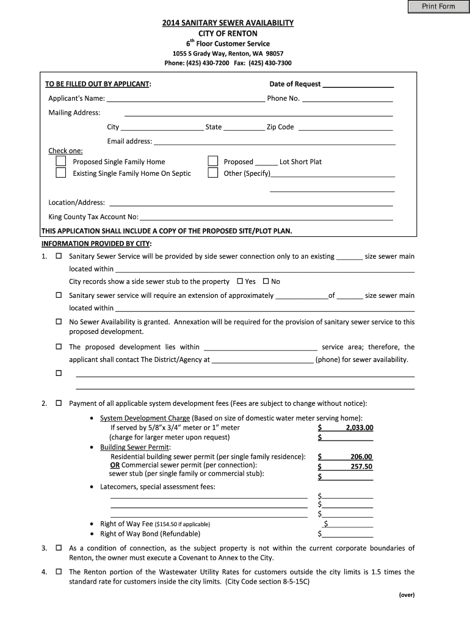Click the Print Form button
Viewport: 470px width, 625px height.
(438, 7)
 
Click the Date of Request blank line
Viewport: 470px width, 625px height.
(358, 85)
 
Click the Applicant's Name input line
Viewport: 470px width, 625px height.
(186, 99)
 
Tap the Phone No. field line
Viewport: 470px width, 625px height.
(347, 99)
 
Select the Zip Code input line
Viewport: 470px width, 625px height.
(344, 128)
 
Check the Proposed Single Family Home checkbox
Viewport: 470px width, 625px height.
(61, 162)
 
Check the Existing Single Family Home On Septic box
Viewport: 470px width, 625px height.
(61, 173)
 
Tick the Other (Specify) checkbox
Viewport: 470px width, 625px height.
(212, 173)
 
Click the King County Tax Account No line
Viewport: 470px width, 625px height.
(266, 217)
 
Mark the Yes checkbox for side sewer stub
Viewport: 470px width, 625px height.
(240, 281)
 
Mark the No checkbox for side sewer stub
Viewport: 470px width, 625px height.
(266, 281)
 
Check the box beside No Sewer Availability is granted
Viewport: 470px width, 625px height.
(59, 322)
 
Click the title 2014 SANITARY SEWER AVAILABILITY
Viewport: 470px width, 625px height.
(228, 23)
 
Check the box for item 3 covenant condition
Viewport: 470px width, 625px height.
(59, 548)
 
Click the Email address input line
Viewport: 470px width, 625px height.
(274, 142)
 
